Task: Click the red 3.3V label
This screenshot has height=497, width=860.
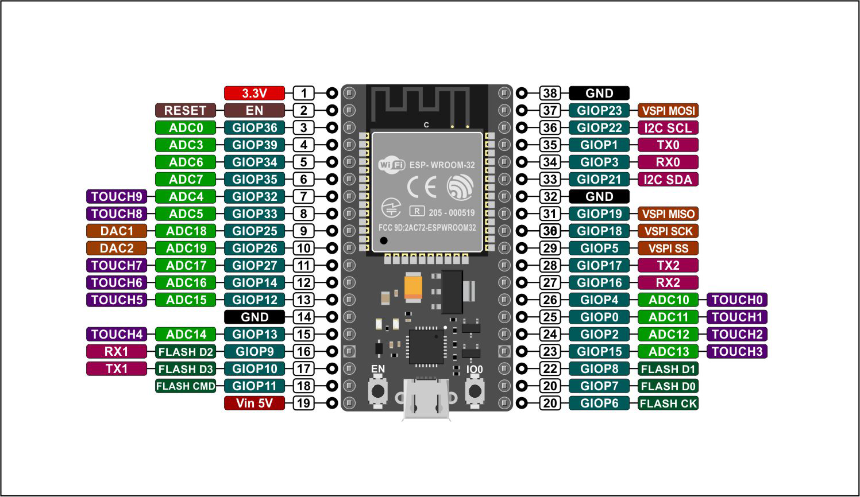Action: pyautogui.click(x=254, y=93)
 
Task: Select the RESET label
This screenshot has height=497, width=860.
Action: pyautogui.click(x=186, y=110)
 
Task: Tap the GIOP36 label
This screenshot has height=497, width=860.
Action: pyautogui.click(x=254, y=128)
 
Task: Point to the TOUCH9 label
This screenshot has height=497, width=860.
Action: pyautogui.click(x=117, y=196)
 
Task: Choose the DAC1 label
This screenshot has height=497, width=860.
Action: pyautogui.click(x=117, y=231)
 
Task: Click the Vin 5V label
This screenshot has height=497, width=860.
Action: pyautogui.click(x=254, y=403)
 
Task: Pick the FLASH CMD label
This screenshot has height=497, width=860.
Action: pyautogui.click(x=186, y=386)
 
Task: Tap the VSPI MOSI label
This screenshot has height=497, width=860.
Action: pyautogui.click(x=668, y=110)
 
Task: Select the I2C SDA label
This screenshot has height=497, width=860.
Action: pyautogui.click(x=668, y=179)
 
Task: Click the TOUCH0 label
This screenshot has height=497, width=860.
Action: pyautogui.click(x=737, y=300)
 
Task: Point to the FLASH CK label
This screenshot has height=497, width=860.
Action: pyautogui.click(x=668, y=403)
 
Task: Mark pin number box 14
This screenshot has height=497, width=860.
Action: pyautogui.click(x=304, y=317)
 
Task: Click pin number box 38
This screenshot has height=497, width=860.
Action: pyautogui.click(x=550, y=93)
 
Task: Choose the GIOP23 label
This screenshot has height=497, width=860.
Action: pyautogui.click(x=599, y=110)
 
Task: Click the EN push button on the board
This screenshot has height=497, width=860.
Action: pyautogui.click(x=378, y=391)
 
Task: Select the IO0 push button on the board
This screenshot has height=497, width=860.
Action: pyautogui.click(x=475, y=391)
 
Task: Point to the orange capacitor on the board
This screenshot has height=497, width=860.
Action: pyautogui.click(x=413, y=286)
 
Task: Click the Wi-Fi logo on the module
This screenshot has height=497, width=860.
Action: pyautogui.click(x=392, y=165)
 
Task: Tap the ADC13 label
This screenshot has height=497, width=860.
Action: pyautogui.click(x=668, y=351)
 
